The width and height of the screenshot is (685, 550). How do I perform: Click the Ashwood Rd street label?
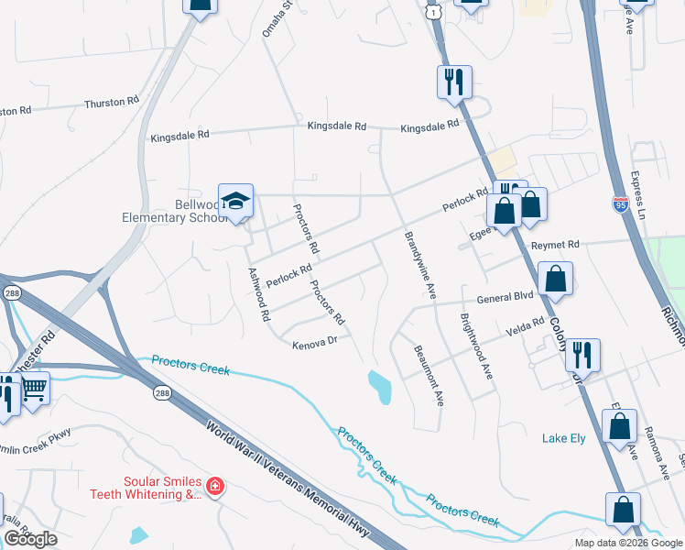258,293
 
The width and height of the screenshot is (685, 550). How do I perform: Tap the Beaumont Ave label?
429,375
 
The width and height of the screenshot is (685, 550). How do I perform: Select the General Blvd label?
505,298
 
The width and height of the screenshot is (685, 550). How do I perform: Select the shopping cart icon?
34,388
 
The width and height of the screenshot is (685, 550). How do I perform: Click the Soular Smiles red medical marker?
214,486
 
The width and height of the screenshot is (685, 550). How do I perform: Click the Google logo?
31,539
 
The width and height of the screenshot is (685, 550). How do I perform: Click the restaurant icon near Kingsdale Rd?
454,82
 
